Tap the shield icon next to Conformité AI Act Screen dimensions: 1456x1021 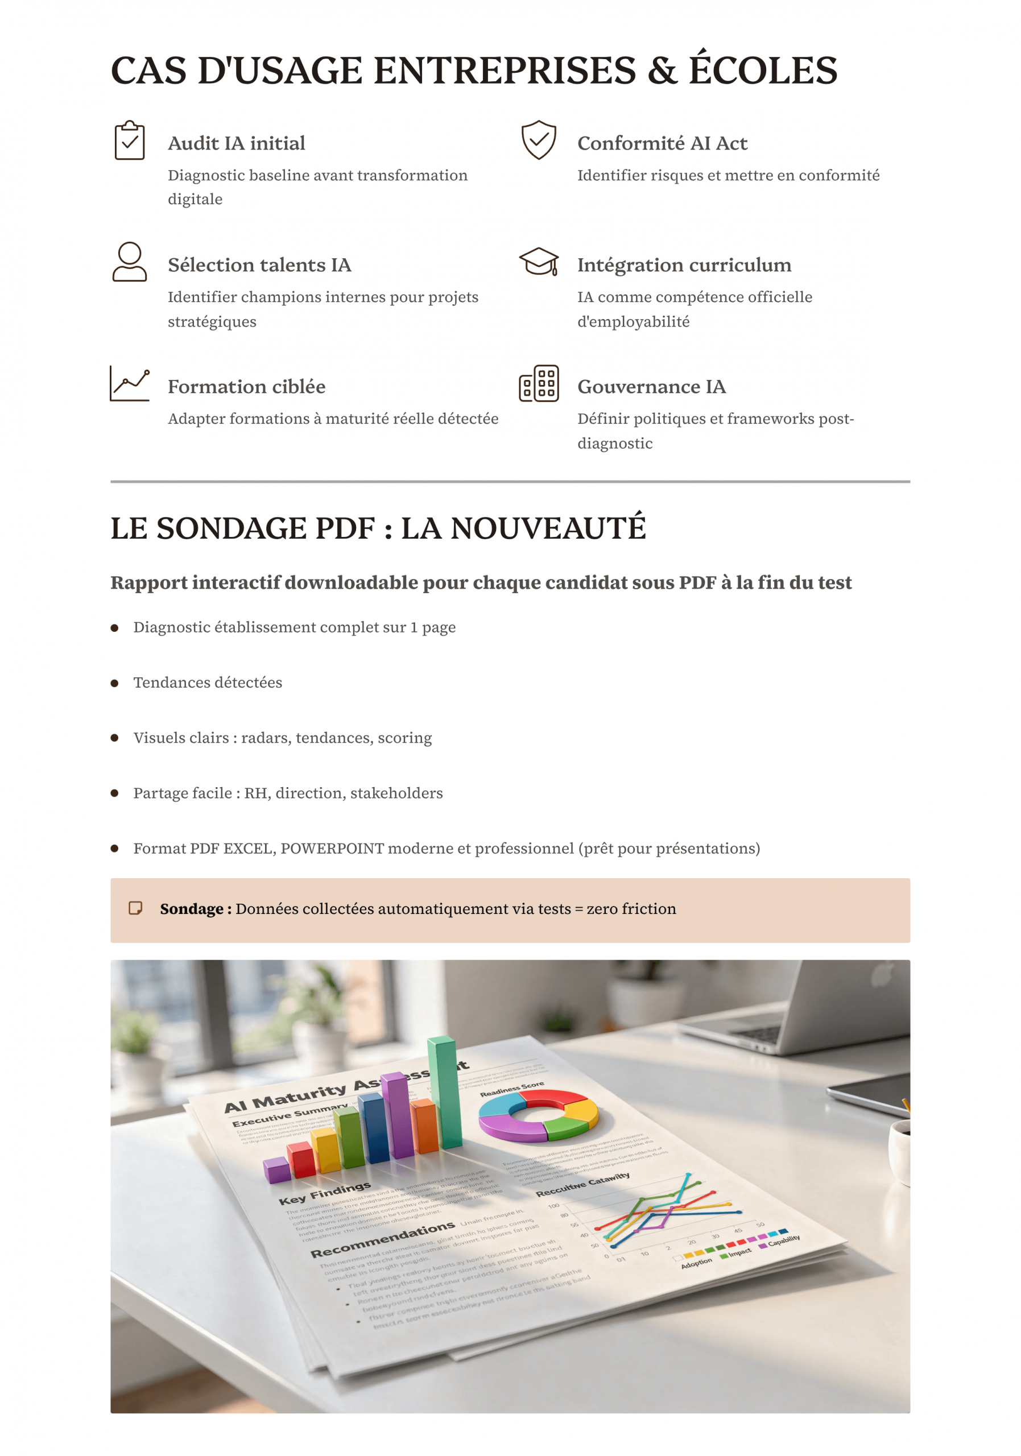tap(539, 139)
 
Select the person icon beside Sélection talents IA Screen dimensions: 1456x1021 tap(129, 261)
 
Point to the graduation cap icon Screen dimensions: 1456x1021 tap(539, 261)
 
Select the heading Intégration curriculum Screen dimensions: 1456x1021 tap(684, 265)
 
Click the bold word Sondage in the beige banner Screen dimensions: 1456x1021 tap(191, 909)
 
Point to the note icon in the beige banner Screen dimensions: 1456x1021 tap(135, 908)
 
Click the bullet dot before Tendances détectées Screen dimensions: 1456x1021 tap(115, 683)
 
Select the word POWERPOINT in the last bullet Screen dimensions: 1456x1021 tap(332, 849)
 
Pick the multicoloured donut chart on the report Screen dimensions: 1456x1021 tap(538, 1115)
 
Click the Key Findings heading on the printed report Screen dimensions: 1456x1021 tap(325, 1193)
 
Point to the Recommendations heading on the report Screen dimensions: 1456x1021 tap(382, 1240)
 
